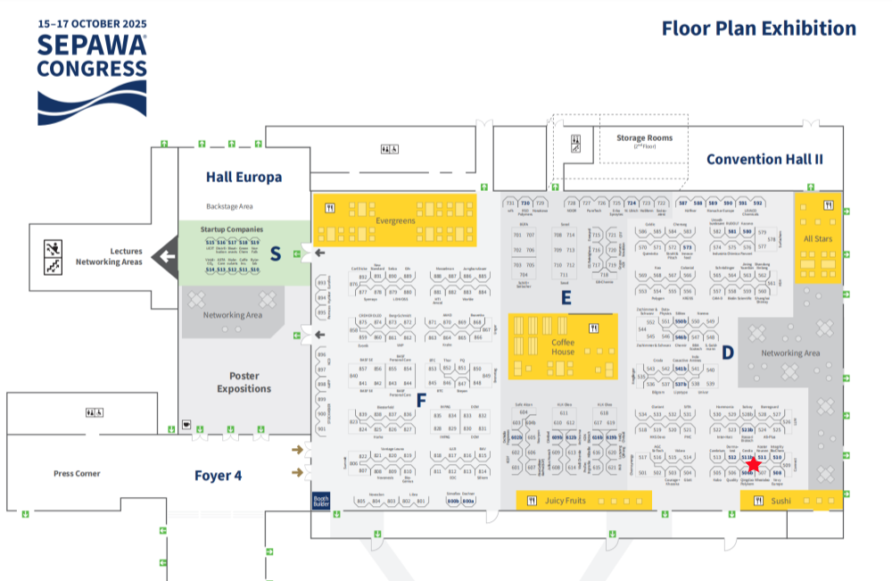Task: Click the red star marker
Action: coord(754,464)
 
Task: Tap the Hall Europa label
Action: coord(244,177)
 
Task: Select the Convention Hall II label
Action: coord(764,159)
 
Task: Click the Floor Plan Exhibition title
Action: coord(758,29)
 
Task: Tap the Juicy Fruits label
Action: coord(565,501)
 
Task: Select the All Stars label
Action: coord(818,238)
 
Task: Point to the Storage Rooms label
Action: coord(644,138)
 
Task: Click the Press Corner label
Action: coord(77,473)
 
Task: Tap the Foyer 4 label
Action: coord(218,476)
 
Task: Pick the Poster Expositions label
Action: coord(244,382)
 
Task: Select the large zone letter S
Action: coord(275,253)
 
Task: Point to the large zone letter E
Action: coord(566,298)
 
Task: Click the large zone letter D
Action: coord(727,353)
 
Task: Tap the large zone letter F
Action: coord(422,400)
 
